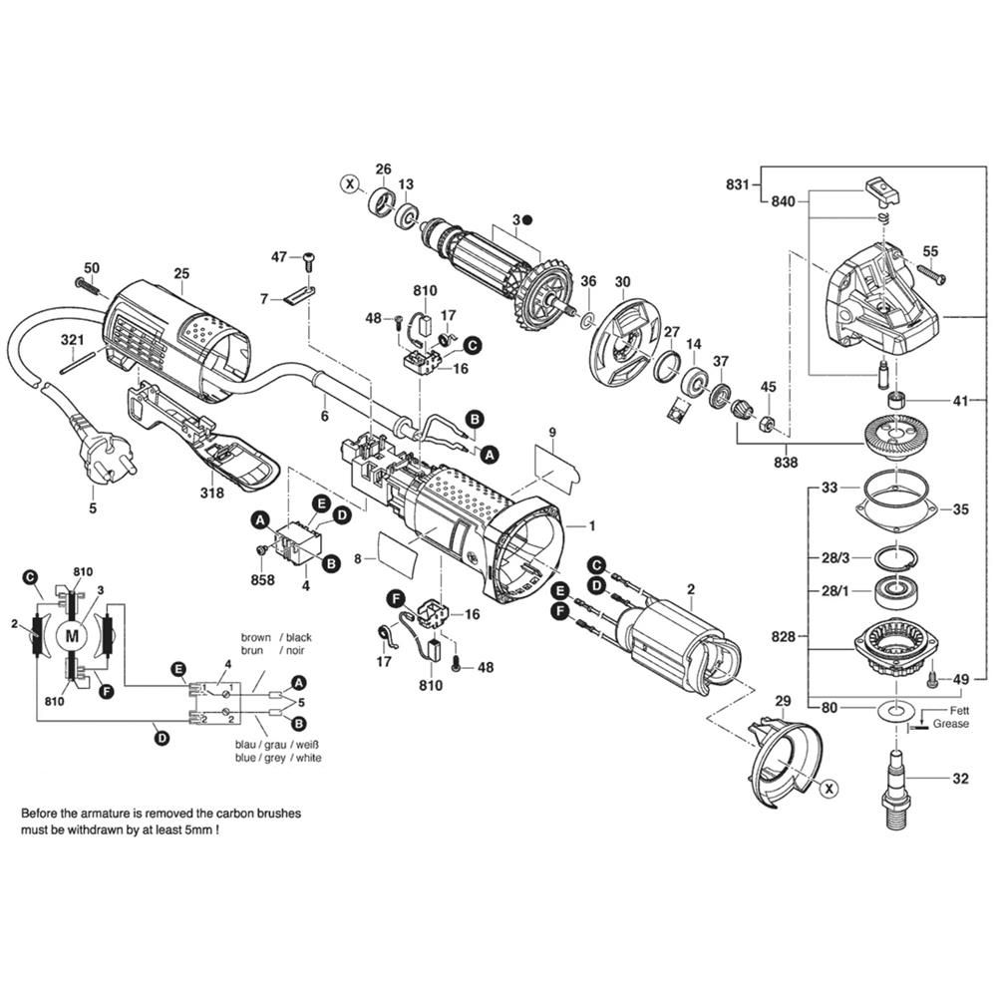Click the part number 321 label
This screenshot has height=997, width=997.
click(x=69, y=341)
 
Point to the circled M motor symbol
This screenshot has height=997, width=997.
click(x=70, y=634)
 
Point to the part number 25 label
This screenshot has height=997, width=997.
click(x=180, y=273)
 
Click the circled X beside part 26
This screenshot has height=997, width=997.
click(x=348, y=183)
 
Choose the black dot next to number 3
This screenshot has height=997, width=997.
click(x=529, y=218)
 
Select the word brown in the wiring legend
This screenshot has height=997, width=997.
click(x=256, y=636)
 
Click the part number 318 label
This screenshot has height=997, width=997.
click(x=210, y=492)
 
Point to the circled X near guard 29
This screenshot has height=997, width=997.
click(x=828, y=787)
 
